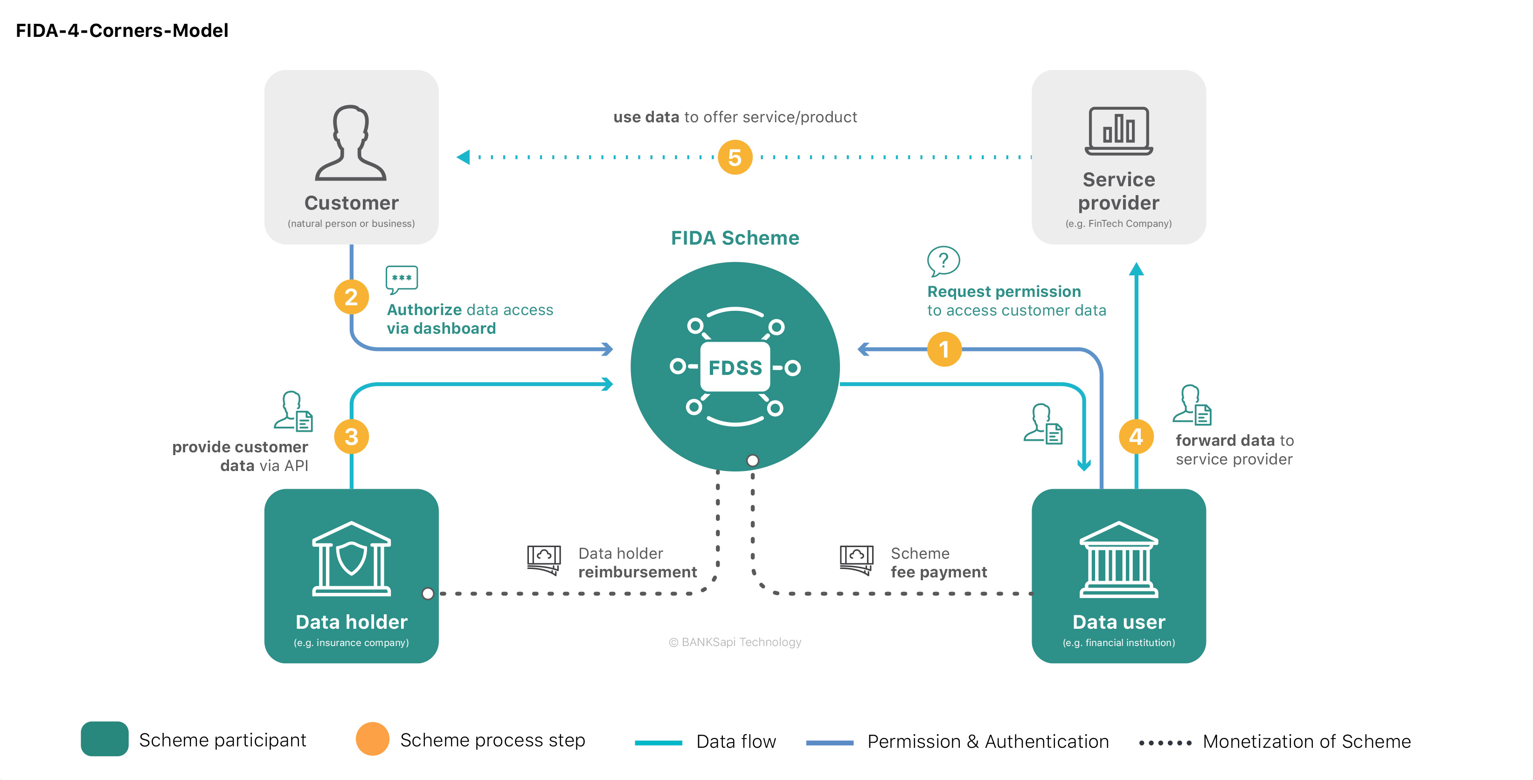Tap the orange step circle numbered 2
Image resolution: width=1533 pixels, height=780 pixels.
click(x=351, y=296)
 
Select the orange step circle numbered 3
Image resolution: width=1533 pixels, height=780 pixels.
click(x=351, y=436)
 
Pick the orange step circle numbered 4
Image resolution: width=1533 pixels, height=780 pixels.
click(x=1136, y=436)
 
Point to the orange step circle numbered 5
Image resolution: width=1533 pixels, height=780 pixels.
click(x=735, y=157)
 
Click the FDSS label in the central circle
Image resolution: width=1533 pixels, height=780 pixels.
click(x=735, y=367)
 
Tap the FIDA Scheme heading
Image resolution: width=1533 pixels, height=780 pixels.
click(x=735, y=238)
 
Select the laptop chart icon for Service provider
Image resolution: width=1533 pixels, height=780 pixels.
click(x=1119, y=131)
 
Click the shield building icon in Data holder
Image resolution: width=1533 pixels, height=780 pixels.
click(x=351, y=559)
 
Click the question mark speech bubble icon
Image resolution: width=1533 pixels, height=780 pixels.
click(x=943, y=261)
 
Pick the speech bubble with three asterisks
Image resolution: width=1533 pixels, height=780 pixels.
click(x=402, y=279)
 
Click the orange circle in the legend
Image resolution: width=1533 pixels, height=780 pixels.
click(x=373, y=739)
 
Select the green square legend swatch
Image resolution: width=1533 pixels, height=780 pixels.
click(x=105, y=739)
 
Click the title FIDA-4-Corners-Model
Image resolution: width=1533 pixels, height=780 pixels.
click(x=122, y=30)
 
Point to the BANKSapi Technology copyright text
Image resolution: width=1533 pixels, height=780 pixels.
click(x=735, y=642)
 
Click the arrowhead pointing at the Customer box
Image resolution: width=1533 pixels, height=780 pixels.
click(x=463, y=157)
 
